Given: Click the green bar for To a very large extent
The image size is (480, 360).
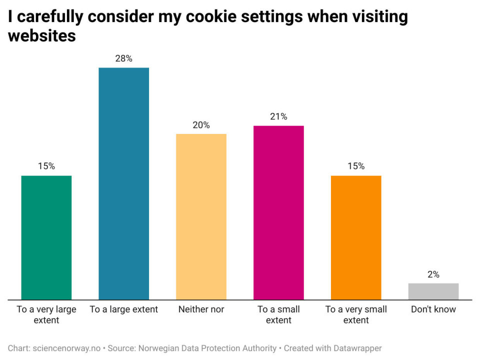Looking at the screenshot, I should pyautogui.click(x=46, y=237).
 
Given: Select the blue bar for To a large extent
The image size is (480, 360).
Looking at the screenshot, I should pyautogui.click(x=123, y=183).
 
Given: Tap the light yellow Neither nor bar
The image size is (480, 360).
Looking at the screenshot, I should pyautogui.click(x=201, y=216).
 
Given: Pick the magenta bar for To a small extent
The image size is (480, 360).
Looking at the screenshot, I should pyautogui.click(x=278, y=212).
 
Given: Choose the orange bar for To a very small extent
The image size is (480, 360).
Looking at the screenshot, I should pyautogui.click(x=356, y=237).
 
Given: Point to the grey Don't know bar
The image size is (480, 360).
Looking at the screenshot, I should pyautogui.click(x=433, y=291).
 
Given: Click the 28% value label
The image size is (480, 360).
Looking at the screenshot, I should pyautogui.click(x=123, y=58).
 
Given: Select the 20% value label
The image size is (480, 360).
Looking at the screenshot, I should pyautogui.click(x=201, y=125).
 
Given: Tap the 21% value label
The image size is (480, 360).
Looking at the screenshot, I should pyautogui.click(x=278, y=116).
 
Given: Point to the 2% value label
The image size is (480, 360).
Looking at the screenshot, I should pyautogui.click(x=433, y=274).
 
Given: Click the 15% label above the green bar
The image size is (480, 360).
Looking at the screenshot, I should pyautogui.click(x=46, y=166).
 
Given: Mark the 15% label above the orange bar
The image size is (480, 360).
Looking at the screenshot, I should pyautogui.click(x=356, y=166).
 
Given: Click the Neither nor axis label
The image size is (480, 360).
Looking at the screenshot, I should pyautogui.click(x=201, y=309).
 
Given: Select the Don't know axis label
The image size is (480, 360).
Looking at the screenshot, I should pyautogui.click(x=433, y=309).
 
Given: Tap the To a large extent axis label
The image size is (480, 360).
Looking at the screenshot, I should pyautogui.click(x=123, y=309).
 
